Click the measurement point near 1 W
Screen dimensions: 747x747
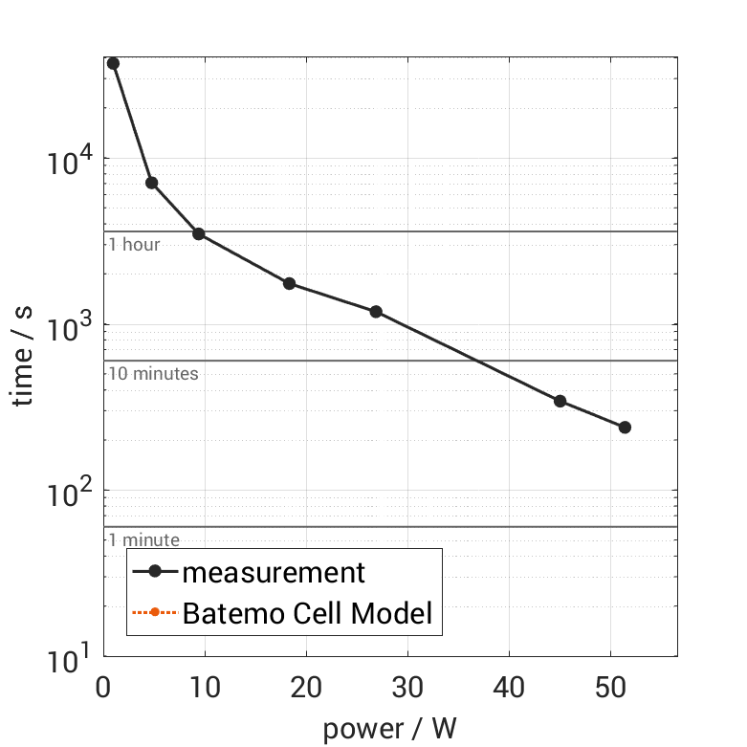113,63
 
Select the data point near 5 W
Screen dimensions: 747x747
151,183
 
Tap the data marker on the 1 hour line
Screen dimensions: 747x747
199,233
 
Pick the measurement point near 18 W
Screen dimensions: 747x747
289,283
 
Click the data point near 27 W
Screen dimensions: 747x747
376,312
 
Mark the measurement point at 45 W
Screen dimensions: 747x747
560,401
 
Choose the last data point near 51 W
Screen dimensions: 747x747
625,428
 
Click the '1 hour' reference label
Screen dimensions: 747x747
134,245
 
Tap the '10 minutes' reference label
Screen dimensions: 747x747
153,374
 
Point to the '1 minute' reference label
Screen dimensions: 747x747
143,540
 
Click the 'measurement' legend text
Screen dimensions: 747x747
274,573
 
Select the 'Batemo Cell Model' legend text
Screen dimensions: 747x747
307,612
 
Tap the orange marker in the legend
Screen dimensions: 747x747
154,612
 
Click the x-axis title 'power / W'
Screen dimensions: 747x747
389,729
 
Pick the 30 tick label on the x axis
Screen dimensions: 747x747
407,688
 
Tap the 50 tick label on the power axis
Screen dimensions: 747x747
610,688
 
